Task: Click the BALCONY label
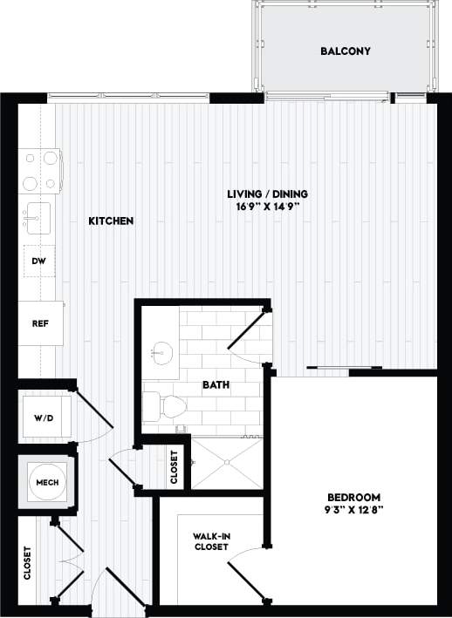click(x=346, y=51)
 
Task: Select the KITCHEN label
click(x=111, y=221)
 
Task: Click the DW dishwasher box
click(x=38, y=261)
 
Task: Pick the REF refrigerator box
click(x=40, y=323)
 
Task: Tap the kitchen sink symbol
click(x=38, y=218)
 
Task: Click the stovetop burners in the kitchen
click(x=40, y=170)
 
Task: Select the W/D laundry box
click(x=44, y=418)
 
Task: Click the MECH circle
click(x=45, y=481)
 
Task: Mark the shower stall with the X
click(x=226, y=462)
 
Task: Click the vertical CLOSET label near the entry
click(x=27, y=562)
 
